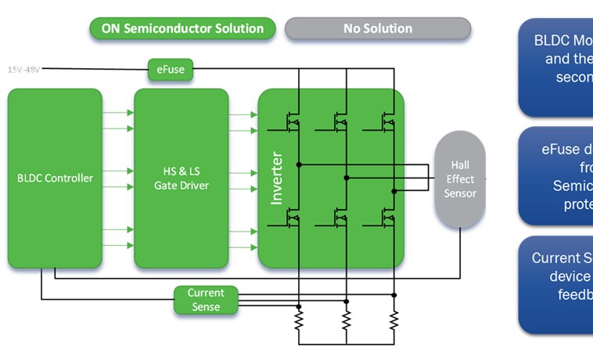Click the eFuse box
point(171,70)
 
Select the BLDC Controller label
point(55,178)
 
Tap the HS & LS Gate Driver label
point(181,178)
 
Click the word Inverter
point(277,179)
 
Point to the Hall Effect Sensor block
point(460,180)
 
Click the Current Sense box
point(206,300)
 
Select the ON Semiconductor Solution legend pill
point(182,29)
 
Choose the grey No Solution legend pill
point(377,29)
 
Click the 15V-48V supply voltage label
point(23,70)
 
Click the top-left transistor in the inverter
point(293,121)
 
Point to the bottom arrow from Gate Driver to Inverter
point(243,245)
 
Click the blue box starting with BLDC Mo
point(556,67)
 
